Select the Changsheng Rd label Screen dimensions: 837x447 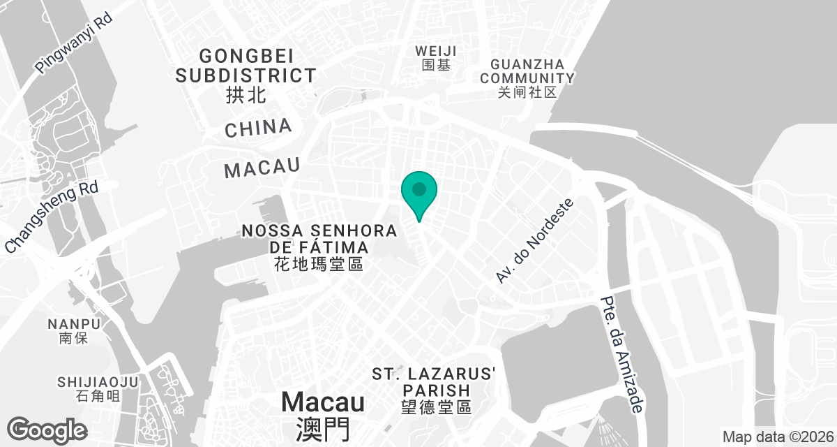52,217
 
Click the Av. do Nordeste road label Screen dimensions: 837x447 534,240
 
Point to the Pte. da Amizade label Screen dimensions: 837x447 621,356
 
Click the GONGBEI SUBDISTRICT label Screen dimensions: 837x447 246,65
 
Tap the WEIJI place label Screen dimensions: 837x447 436,51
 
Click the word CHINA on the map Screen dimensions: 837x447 258,128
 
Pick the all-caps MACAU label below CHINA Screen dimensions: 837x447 262,168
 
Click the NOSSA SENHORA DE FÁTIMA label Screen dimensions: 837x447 319,239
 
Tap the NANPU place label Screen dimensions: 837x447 75,324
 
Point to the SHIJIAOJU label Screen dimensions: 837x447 98,382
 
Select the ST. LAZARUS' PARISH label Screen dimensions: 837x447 433,381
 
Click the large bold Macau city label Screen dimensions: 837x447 323,402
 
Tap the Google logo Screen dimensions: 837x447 47,429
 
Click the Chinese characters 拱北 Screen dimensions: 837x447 246,94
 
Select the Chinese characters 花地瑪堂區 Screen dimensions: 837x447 319,265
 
